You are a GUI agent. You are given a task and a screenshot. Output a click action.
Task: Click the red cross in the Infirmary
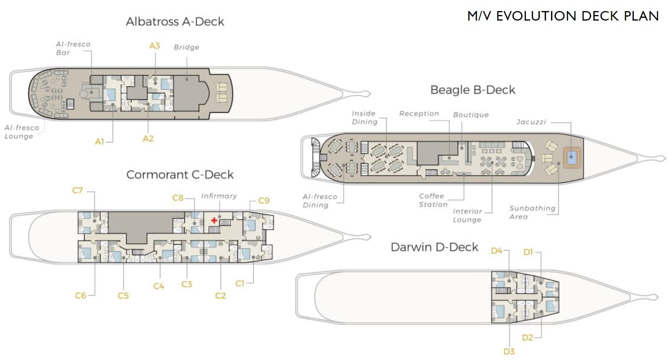(214, 220)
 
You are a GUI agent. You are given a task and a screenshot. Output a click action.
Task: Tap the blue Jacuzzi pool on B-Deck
(571, 157)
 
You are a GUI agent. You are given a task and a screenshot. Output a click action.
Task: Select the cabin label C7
(78, 190)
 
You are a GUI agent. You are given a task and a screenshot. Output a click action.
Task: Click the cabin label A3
(155, 46)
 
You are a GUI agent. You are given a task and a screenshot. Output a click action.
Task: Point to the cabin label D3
(509, 351)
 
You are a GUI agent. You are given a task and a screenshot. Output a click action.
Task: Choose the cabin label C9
(264, 201)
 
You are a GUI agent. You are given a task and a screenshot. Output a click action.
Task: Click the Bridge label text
(187, 47)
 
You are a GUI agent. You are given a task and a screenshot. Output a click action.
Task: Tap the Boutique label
(471, 115)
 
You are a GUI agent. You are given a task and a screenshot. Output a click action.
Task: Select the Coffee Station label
(433, 200)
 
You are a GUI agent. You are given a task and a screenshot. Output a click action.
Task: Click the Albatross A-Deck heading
(175, 21)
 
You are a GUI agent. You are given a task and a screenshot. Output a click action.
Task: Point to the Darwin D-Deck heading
(434, 247)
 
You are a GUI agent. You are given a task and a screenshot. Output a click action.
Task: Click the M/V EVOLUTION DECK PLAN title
(563, 16)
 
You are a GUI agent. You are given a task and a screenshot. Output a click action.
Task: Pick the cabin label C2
(220, 296)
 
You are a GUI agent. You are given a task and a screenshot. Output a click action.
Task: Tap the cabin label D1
(528, 252)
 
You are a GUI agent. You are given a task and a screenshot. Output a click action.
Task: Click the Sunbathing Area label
(532, 212)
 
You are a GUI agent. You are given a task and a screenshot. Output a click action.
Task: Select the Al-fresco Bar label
(73, 48)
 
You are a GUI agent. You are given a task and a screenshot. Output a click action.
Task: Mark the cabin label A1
(99, 142)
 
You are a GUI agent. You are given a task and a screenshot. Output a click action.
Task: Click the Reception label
(419, 114)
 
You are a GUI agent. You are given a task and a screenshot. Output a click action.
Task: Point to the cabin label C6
(80, 296)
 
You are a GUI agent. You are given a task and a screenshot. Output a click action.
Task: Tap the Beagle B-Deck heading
(472, 90)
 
